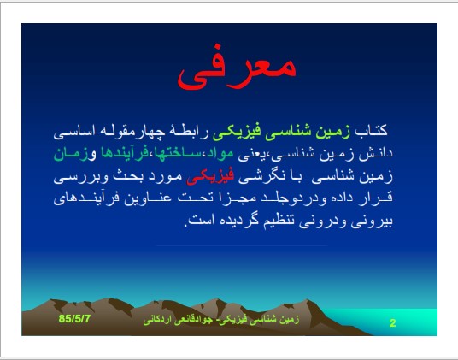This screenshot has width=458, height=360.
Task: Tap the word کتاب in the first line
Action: (x=371, y=130)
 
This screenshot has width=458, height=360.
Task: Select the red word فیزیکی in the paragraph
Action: (x=210, y=176)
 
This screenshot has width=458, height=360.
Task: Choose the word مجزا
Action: (x=241, y=198)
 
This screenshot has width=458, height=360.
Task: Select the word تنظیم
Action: (x=282, y=221)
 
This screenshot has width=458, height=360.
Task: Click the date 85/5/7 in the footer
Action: (x=74, y=318)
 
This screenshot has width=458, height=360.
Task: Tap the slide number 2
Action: (x=392, y=323)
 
